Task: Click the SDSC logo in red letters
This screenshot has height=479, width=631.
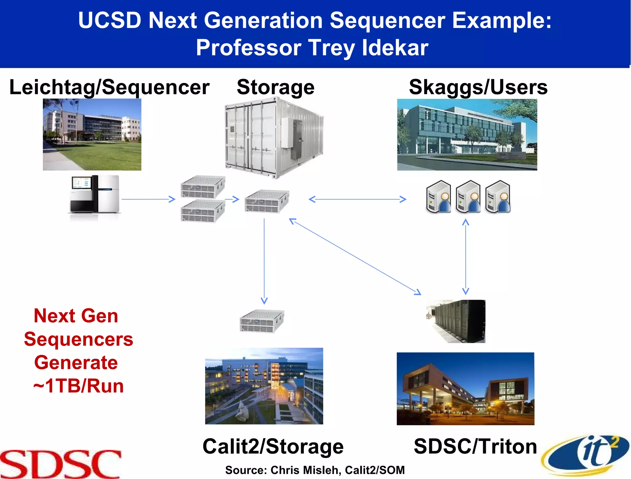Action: (61, 464)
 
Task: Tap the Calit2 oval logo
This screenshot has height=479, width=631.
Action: (585, 455)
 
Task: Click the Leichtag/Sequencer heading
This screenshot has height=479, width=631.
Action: (109, 87)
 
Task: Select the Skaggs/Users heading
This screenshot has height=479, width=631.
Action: (478, 87)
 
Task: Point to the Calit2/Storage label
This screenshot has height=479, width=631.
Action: (273, 446)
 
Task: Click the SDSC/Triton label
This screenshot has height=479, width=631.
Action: (475, 446)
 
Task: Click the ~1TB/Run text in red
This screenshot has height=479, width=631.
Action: (78, 386)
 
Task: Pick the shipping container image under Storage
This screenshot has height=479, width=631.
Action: (274, 137)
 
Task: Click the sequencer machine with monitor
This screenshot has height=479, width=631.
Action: (94, 194)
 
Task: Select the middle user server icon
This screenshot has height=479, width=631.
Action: (468, 197)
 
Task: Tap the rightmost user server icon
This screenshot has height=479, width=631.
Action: (498, 197)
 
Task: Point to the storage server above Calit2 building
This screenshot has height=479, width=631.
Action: (262, 321)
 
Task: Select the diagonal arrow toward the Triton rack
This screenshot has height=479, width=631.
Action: (354, 256)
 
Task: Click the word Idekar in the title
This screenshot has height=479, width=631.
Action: (395, 48)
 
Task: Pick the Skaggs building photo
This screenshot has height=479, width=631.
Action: (467, 134)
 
